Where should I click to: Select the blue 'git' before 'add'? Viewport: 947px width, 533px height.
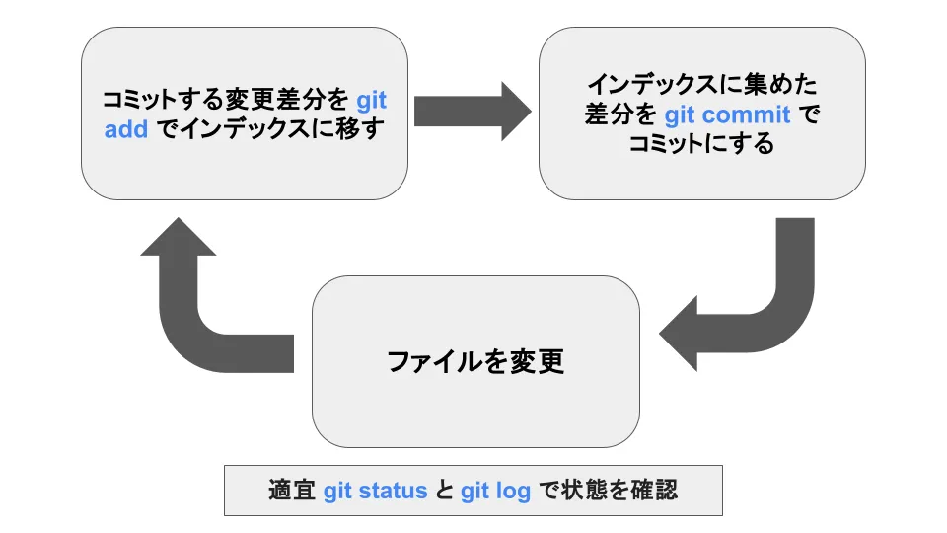tap(371, 101)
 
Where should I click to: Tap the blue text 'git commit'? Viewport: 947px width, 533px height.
tap(727, 114)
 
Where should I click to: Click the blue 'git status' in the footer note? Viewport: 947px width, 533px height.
tap(375, 491)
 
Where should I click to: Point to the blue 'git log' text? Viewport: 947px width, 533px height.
tap(495, 491)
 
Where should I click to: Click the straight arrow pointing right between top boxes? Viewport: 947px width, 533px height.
tap(472, 111)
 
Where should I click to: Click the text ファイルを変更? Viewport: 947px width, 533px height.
tap(474, 362)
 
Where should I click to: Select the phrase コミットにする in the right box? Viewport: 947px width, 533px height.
tap(701, 145)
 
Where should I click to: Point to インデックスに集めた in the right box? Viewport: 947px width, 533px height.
tap(701, 84)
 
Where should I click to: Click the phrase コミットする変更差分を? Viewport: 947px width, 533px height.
tap(226, 101)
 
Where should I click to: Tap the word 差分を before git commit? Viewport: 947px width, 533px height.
tap(619, 114)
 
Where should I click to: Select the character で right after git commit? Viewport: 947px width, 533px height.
tap(808, 114)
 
